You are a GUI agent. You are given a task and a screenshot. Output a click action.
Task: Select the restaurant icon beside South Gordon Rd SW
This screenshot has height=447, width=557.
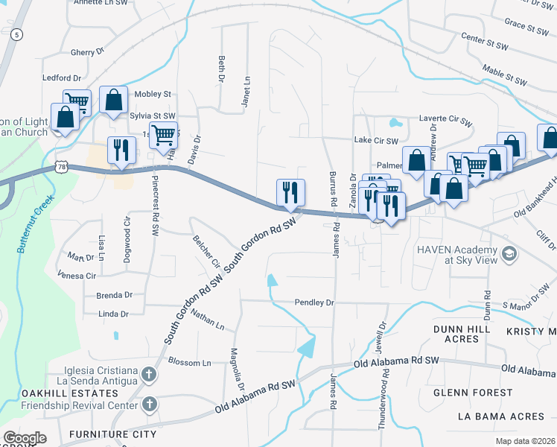(290, 192)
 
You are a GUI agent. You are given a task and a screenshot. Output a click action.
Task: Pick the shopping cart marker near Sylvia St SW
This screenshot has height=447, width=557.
(163, 136)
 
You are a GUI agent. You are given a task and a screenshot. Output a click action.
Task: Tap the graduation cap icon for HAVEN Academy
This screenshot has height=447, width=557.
(509, 254)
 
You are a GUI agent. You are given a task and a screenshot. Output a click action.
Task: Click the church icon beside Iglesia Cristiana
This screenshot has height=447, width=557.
(149, 374)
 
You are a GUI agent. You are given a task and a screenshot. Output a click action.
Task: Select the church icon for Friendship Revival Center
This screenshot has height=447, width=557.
(149, 405)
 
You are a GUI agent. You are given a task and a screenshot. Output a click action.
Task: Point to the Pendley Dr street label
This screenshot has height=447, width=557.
(315, 303)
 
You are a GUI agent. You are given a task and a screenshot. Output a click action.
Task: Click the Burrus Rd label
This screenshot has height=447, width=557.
(331, 190)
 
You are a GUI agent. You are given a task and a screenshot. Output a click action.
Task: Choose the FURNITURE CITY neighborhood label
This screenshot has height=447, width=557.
(112, 434)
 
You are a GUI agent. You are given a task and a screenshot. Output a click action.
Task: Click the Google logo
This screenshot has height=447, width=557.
(25, 437)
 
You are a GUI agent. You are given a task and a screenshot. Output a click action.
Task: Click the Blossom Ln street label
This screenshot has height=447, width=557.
(190, 363)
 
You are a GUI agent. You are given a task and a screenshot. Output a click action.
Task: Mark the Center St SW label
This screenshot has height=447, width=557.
(483, 36)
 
